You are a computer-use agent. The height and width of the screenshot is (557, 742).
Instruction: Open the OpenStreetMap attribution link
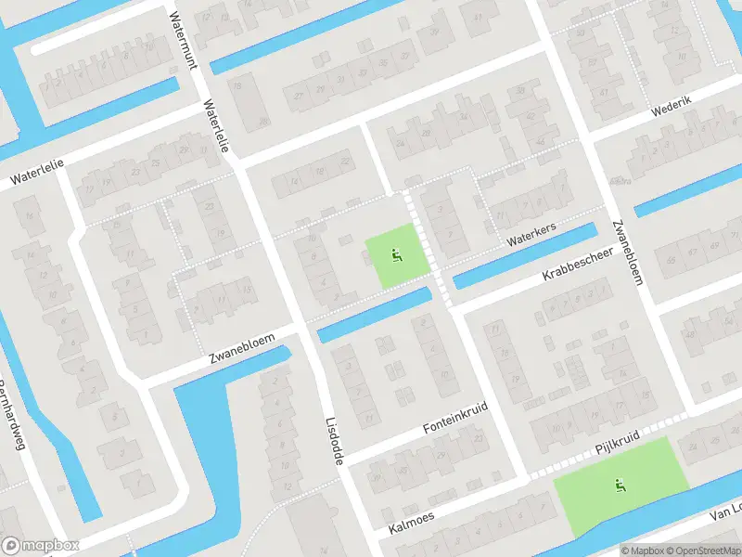click(700, 551)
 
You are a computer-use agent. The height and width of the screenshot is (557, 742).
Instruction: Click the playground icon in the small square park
click(398, 255)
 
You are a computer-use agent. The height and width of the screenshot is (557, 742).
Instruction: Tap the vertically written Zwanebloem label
click(627, 251)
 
